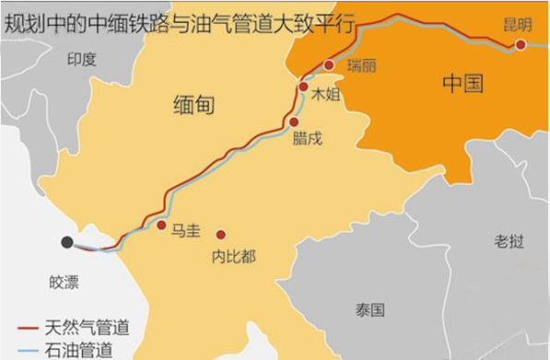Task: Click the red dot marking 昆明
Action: (521, 44)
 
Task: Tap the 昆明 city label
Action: (519, 24)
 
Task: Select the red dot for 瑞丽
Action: (329, 65)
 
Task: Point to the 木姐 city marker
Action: (303, 87)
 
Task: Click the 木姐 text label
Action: (326, 94)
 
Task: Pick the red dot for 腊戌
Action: (294, 122)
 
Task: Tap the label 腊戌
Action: (308, 138)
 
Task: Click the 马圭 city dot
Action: (161, 225)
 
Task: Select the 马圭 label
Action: (185, 231)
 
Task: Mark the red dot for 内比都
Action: (220, 234)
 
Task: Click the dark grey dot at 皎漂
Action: (67, 242)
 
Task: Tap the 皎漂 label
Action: (65, 277)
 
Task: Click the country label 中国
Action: (462, 84)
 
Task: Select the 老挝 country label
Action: (509, 241)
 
